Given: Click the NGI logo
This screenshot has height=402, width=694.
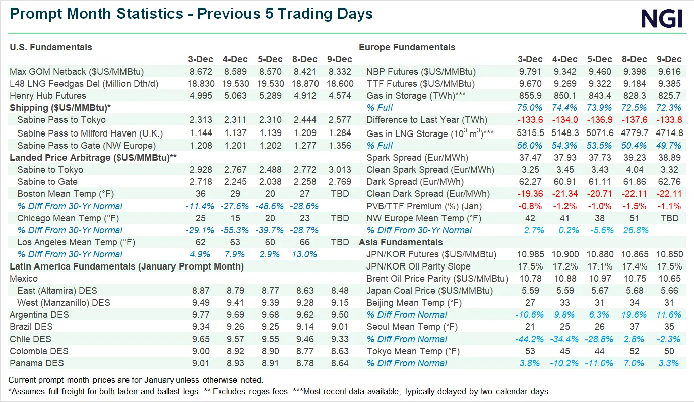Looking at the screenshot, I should tap(661, 19).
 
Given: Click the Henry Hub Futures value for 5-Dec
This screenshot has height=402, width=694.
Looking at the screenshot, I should tap(267, 96).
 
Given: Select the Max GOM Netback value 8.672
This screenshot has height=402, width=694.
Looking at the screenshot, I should tap(201, 72).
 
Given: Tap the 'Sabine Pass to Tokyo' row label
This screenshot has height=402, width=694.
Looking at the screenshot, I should tap(61, 120).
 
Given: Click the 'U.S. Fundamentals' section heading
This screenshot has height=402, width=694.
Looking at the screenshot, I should tap(51, 47).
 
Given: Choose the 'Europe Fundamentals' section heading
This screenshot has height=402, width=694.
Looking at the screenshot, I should tap(407, 47).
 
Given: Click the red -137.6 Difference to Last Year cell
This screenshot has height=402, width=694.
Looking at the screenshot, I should tap(635, 120).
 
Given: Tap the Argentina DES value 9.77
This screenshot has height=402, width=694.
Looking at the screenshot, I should tap(201, 315).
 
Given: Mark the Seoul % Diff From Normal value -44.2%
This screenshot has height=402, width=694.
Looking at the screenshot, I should tap(530, 339).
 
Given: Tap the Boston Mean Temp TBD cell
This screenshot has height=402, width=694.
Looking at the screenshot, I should tap(339, 194).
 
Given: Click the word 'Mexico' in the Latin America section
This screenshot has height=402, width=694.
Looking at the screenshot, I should tap(24, 279).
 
